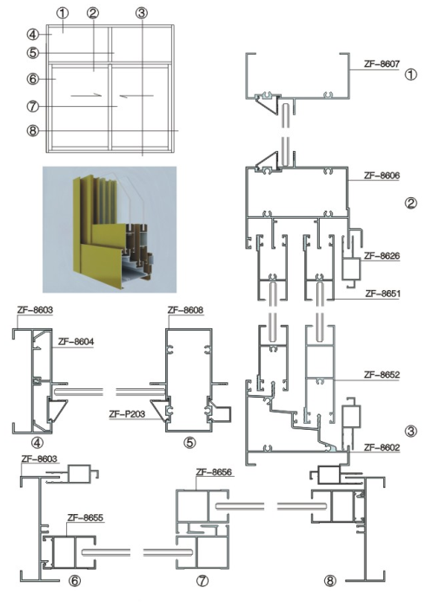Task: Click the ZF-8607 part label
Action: (382, 64)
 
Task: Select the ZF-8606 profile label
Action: (382, 175)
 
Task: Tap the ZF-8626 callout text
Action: (382, 256)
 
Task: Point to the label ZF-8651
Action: (382, 294)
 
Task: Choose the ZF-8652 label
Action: (382, 375)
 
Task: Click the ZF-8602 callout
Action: (382, 447)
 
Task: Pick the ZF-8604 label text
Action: (76, 341)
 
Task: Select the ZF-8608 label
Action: (185, 310)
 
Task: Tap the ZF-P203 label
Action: (127, 414)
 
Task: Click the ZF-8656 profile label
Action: (214, 472)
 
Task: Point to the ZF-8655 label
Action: (85, 518)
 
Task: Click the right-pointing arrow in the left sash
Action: (86, 96)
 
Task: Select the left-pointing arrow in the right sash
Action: (136, 96)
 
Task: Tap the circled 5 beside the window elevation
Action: (33, 53)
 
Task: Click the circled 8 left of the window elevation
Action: (33, 130)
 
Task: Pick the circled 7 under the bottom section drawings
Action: (202, 581)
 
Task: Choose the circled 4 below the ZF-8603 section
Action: (37, 443)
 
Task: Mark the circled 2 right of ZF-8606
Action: (411, 203)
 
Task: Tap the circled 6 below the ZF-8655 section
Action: (74, 581)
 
